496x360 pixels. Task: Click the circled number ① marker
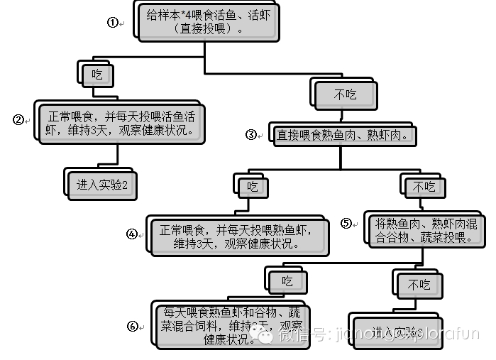coord(112,22)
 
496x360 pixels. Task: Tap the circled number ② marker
coord(19,119)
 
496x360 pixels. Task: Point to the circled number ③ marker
coord(250,134)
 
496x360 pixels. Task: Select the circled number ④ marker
coord(131,233)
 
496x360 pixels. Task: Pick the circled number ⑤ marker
coord(346,223)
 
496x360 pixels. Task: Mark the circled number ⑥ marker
coord(132,326)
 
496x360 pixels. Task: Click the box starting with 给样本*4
coord(204,21)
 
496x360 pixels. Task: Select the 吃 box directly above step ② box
coord(97,73)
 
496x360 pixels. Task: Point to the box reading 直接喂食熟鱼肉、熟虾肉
coord(341,135)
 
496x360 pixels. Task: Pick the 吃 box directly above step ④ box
coord(253,187)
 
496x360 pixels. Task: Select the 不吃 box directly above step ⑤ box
coord(424,187)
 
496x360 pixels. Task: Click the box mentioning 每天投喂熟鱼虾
coord(238,236)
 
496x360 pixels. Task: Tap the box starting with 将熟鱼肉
coord(426,230)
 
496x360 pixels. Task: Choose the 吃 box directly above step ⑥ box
coord(287,281)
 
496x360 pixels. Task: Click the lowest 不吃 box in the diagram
coord(419,285)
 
